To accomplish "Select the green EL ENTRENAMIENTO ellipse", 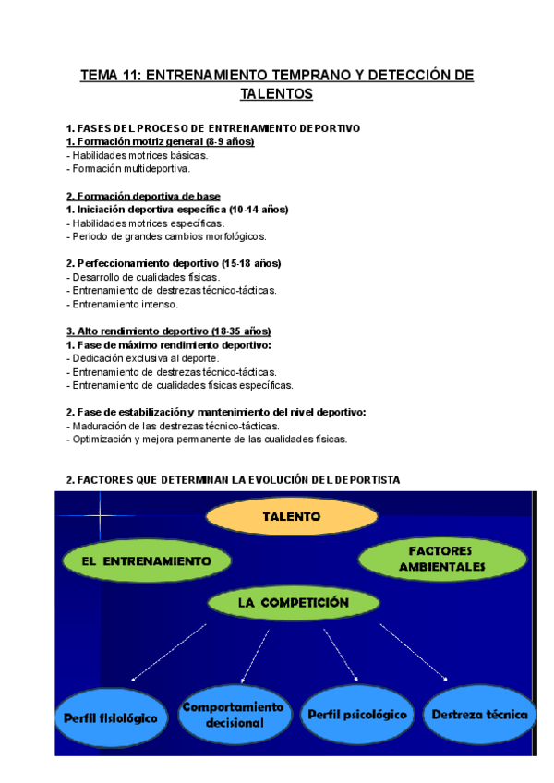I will pyautogui.click(x=147, y=560).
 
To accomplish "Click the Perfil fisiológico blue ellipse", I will pyautogui.click(x=111, y=717).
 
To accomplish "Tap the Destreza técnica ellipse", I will pyautogui.click(x=479, y=715).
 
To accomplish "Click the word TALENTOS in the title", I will pyautogui.click(x=276, y=94).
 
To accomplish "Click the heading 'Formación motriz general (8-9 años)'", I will pyautogui.click(x=161, y=142).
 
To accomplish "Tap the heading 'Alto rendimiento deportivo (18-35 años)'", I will pyautogui.click(x=168, y=331).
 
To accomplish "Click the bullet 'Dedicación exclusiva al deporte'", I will pyautogui.click(x=143, y=358).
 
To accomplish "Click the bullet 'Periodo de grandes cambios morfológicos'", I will pyautogui.click(x=153, y=236).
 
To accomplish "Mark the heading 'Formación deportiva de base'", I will pyautogui.click(x=143, y=196).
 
